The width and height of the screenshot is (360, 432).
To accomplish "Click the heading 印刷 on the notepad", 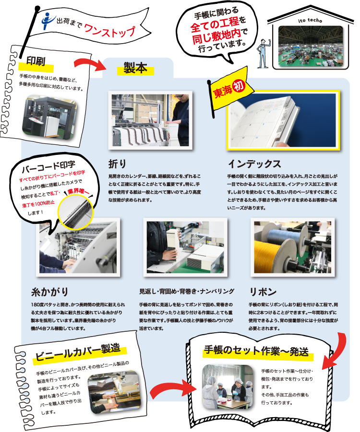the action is (36, 61).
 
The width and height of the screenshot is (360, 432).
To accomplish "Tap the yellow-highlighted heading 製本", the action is (135, 68).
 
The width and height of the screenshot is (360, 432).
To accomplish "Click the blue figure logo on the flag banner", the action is (48, 20).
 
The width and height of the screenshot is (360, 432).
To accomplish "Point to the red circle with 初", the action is (239, 86).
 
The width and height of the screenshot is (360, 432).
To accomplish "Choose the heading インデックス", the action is (254, 164).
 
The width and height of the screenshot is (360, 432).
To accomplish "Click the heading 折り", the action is (117, 164).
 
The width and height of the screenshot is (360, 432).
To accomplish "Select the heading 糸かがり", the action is (49, 292).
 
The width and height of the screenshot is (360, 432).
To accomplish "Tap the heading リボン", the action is (263, 292).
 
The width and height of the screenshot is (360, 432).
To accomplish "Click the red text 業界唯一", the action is (78, 191).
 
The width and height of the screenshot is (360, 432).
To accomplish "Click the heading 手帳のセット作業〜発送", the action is (256, 351).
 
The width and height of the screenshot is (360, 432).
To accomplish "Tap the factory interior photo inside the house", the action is (311, 47).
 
